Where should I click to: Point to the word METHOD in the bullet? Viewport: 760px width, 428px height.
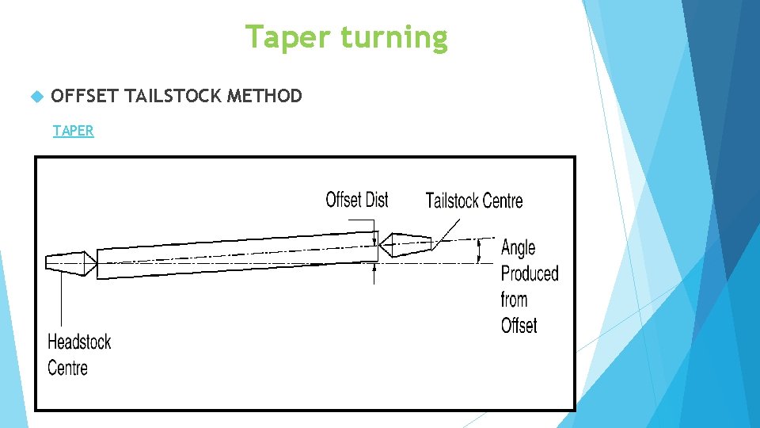(264, 97)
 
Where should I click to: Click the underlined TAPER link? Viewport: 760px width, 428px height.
(73, 131)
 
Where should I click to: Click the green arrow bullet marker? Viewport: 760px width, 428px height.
(34, 97)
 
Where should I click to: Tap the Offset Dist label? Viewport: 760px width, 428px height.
(357, 200)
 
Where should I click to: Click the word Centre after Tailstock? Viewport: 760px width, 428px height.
(502, 201)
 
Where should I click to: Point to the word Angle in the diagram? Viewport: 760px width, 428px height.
(519, 248)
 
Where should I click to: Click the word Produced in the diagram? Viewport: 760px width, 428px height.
(530, 274)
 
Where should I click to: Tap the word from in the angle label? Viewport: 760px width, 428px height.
(514, 300)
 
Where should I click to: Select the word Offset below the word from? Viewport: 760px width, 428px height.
(519, 326)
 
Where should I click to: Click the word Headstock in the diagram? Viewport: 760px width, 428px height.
(79, 342)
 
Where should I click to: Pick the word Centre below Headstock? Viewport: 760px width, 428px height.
(67, 368)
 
